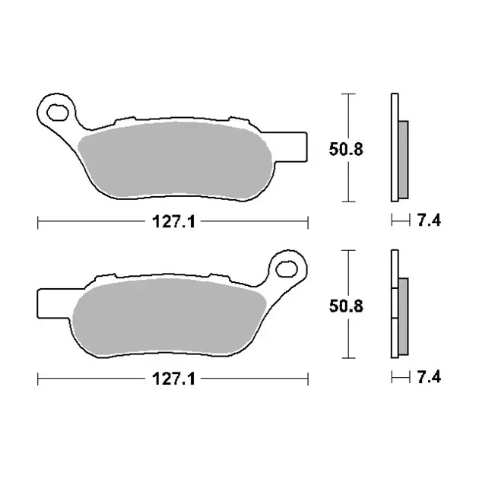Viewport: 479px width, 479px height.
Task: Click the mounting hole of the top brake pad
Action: click(x=57, y=113)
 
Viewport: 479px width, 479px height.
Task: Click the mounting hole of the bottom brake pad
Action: click(x=287, y=269)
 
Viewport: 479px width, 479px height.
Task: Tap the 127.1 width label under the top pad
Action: click(x=173, y=221)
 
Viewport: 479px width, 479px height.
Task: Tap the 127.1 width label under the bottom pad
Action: click(x=173, y=379)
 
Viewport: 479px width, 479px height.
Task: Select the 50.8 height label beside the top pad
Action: click(x=346, y=149)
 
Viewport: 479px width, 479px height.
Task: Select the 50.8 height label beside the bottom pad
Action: click(x=346, y=306)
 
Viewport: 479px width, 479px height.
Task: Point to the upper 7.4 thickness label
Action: click(x=429, y=220)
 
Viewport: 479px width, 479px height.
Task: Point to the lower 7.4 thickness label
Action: click(x=429, y=377)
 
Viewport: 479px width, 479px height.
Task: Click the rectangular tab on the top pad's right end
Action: click(x=290, y=147)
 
